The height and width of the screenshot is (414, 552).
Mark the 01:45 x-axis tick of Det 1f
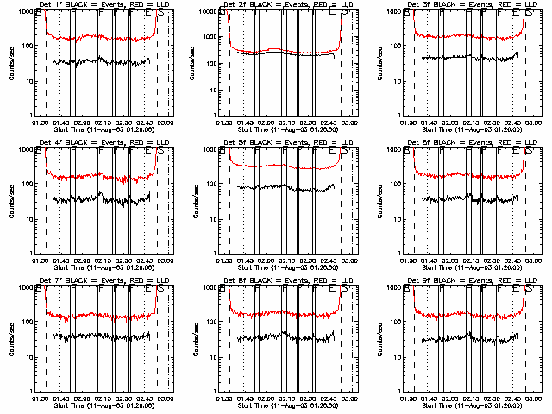click(x=61, y=120)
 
